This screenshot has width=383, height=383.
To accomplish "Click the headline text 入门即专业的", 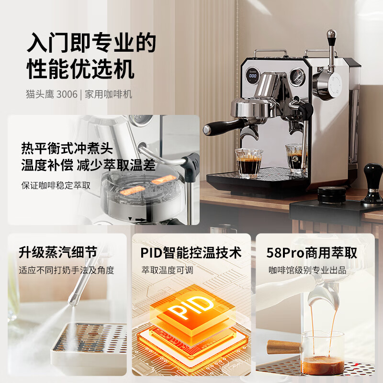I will pos(91,43).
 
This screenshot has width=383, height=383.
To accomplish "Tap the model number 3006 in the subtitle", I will pos(67,94).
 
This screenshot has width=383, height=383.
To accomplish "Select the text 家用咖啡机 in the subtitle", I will pos(108,94).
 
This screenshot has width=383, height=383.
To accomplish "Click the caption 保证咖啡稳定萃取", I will pos(56,185).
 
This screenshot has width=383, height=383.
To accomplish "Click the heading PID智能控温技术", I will pos(191,252).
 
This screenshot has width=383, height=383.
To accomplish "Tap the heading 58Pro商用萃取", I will pos(312,252).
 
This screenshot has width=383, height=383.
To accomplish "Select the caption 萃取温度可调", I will pos(167,270).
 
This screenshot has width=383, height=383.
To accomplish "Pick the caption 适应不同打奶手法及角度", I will pos(67,270).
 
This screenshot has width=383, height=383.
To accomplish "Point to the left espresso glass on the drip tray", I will pos(248,163).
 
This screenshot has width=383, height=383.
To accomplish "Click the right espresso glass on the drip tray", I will pos(297,158).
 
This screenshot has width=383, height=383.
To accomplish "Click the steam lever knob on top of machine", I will pos(331,34).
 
